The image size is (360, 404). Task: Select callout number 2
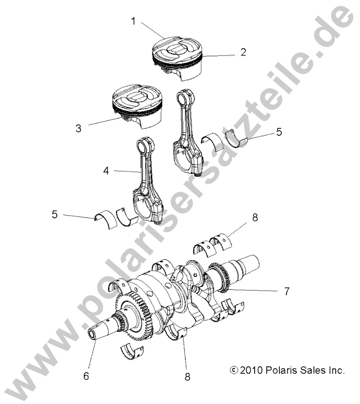coord(243,52)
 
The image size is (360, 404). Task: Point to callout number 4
coord(106,172)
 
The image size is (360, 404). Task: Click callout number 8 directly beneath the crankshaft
coord(187,376)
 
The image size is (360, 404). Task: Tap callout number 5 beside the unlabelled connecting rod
coord(279,132)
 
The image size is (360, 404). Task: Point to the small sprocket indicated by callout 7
coord(224,275)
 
